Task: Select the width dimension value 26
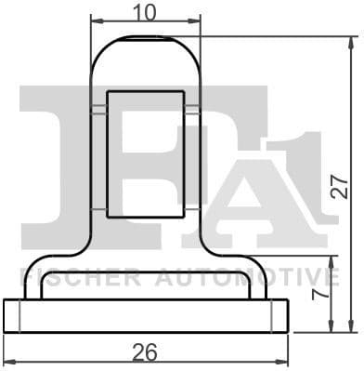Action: click(x=143, y=352)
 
